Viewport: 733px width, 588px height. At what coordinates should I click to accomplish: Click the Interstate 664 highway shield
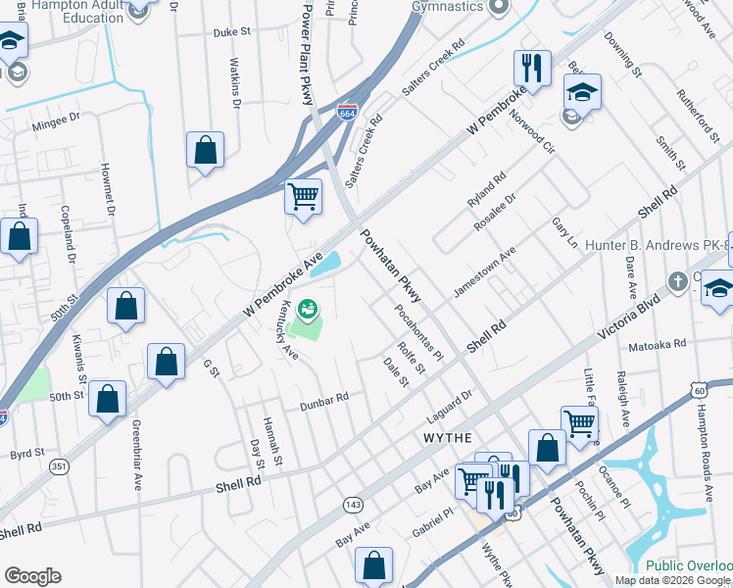coord(346,114)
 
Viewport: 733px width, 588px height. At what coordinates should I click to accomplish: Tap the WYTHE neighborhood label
coord(448,436)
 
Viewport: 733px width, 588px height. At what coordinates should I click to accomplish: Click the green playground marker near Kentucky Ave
coord(308,311)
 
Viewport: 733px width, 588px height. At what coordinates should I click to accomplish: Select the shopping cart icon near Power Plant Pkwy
coord(303,196)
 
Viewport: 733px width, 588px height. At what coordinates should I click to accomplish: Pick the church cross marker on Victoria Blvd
coord(676,282)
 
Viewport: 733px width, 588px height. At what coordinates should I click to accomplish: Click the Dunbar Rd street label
coord(324,398)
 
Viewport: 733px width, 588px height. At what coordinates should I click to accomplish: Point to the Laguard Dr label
coord(450,397)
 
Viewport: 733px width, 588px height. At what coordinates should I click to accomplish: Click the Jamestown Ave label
coord(483,272)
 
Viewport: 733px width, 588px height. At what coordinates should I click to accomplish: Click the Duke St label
coord(232,31)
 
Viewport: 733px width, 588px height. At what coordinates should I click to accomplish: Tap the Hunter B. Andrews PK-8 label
coord(654,245)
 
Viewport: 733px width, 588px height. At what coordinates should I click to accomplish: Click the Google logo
coord(32,576)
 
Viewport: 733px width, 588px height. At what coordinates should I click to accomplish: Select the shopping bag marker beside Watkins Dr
coord(205,151)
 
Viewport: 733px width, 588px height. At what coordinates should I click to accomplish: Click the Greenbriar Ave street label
coord(137,457)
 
